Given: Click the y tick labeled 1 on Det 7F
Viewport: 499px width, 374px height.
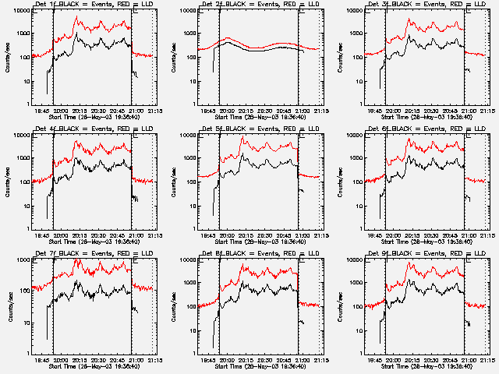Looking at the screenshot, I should pyautogui.click(x=28, y=352).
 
